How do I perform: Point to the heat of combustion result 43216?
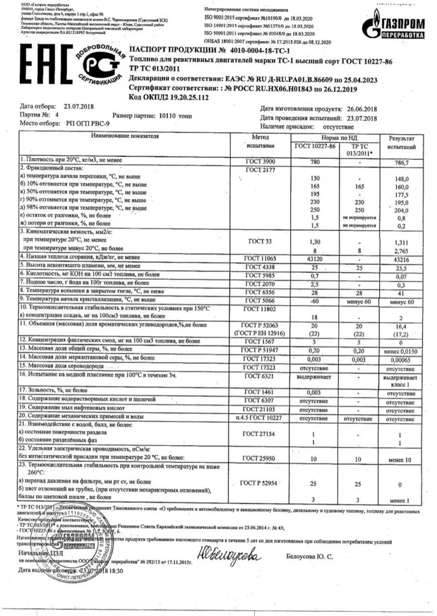point(400,257)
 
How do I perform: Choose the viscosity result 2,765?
point(400,248)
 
